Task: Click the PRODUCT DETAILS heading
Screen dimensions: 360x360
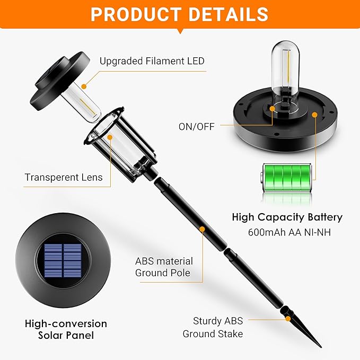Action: click(179, 14)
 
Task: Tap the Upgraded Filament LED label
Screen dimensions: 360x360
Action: click(152, 61)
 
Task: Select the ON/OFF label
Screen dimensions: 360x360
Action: click(197, 127)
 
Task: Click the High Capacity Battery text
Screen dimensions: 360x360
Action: click(287, 217)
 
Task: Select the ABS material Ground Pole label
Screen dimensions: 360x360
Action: click(164, 267)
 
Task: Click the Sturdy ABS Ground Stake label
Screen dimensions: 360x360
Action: click(213, 327)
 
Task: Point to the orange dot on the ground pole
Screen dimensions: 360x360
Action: click(201, 229)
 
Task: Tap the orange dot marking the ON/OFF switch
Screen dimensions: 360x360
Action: click(273, 110)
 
